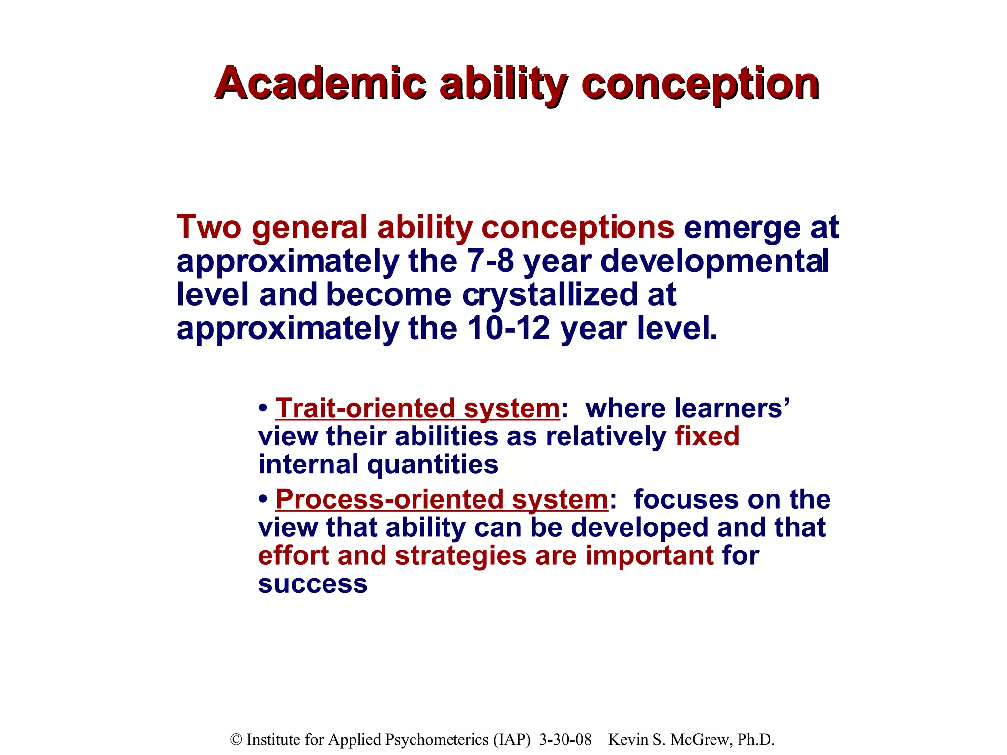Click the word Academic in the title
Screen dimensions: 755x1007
[320, 84]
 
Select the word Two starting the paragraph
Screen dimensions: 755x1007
[209, 227]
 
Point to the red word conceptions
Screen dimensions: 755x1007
[578, 228]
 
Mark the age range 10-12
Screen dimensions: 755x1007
[508, 328]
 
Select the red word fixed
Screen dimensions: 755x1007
[707, 436]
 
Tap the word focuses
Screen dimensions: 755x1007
[686, 499]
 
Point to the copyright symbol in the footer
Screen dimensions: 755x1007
[236, 739]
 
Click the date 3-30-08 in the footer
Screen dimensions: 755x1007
[565, 739]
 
